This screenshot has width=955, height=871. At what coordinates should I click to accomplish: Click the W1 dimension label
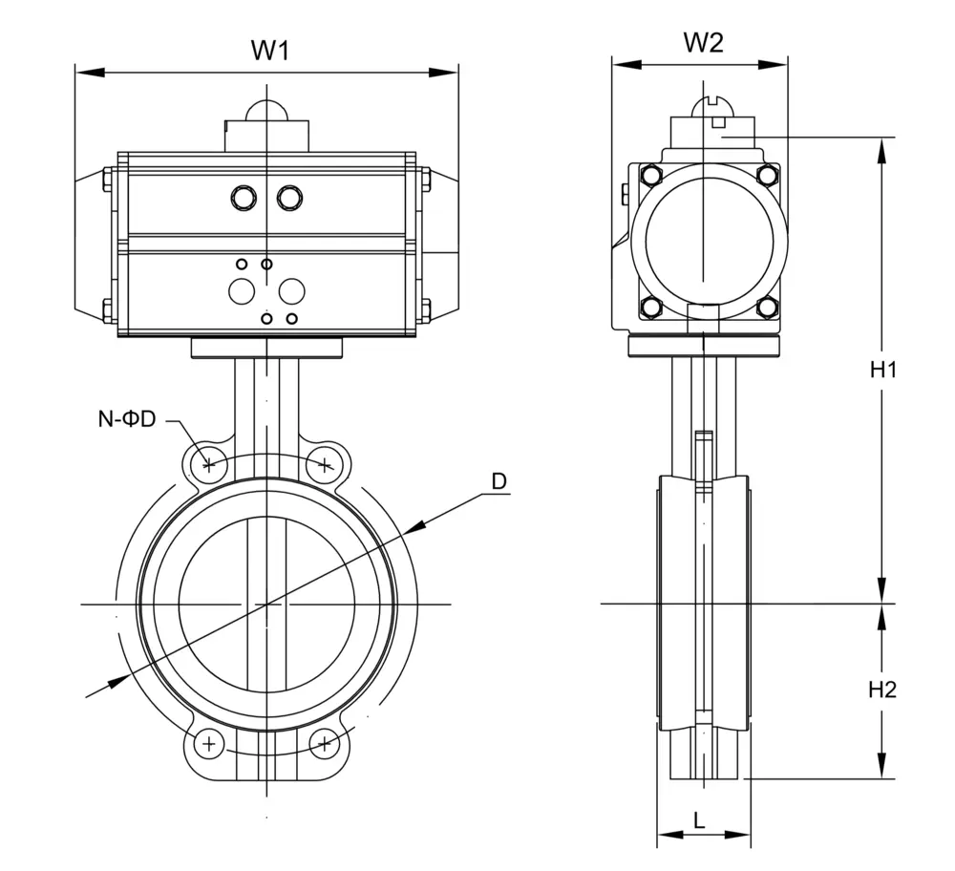pyautogui.click(x=269, y=50)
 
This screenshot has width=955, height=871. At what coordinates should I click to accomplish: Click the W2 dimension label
pyautogui.click(x=703, y=42)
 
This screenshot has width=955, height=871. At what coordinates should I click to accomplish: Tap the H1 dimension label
pyautogui.click(x=883, y=371)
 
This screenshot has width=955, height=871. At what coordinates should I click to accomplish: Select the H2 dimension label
pyautogui.click(x=883, y=689)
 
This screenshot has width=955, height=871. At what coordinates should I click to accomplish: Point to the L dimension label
pyautogui.click(x=699, y=818)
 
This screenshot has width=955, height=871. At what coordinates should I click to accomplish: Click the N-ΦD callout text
pyautogui.click(x=126, y=417)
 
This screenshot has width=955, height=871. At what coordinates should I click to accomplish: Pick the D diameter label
pyautogui.click(x=499, y=481)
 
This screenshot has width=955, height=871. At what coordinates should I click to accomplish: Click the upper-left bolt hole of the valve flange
pyautogui.click(x=209, y=465)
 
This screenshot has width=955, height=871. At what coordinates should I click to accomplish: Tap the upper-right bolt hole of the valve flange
pyautogui.click(x=325, y=465)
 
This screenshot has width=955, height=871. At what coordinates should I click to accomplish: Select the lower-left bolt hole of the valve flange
pyautogui.click(x=209, y=742)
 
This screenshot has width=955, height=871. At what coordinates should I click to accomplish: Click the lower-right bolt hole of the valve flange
pyautogui.click(x=325, y=742)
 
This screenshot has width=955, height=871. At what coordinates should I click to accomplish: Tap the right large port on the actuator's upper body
pyautogui.click(x=288, y=197)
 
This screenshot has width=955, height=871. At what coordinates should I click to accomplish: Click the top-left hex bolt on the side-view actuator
pyautogui.click(x=651, y=175)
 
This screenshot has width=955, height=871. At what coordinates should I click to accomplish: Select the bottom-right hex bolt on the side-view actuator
pyautogui.click(x=766, y=307)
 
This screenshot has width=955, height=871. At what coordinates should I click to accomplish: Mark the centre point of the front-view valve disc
pyautogui.click(x=266, y=604)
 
